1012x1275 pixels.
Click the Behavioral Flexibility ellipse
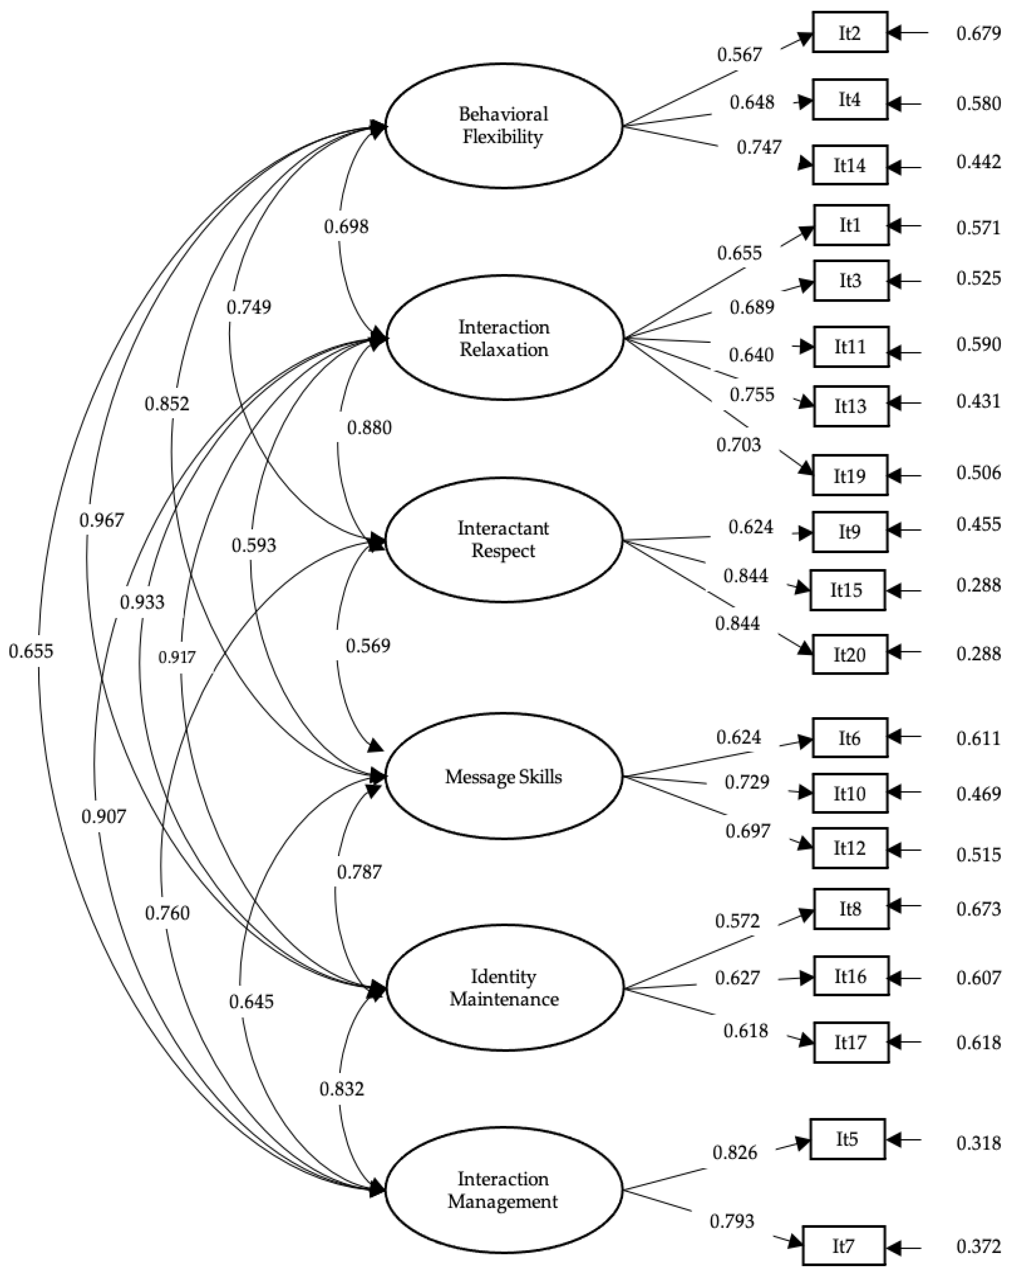(x=503, y=125)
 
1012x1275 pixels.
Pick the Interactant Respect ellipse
(x=503, y=539)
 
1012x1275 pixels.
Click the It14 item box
(x=849, y=165)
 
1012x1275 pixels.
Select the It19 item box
(x=849, y=475)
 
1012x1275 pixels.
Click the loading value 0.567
(x=739, y=55)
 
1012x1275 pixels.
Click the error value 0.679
(x=978, y=33)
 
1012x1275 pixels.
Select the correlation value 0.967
(x=101, y=520)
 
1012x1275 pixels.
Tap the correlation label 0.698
(x=346, y=226)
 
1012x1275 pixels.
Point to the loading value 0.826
(x=734, y=1152)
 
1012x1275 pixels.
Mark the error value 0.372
(x=978, y=1247)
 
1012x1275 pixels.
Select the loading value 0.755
(x=751, y=394)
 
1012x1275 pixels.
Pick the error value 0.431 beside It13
(x=978, y=401)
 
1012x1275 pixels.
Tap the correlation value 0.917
(x=177, y=657)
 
